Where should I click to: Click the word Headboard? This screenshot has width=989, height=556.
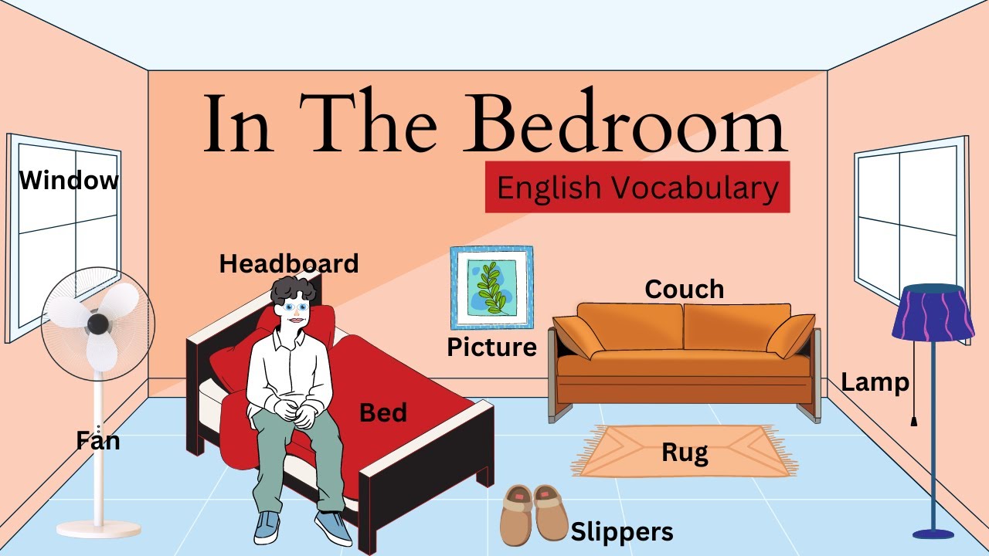coord(289,264)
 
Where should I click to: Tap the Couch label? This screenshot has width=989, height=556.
coord(685,290)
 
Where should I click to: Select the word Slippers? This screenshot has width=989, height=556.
coord(622,532)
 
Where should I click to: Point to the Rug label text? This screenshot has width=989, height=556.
coord(685,453)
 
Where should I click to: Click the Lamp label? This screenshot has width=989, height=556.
coord(875,382)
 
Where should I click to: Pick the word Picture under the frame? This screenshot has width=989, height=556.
coord(491,347)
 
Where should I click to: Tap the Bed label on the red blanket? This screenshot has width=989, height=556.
coord(383,413)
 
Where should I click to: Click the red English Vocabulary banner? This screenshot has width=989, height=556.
coord(637,188)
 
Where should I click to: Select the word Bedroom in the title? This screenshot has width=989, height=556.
coord(627,124)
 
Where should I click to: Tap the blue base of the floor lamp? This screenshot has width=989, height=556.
coord(933,533)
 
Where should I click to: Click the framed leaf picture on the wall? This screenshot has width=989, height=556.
coord(492,287)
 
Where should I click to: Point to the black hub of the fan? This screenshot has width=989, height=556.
coord(98,324)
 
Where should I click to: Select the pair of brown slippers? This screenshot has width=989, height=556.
coord(534,513)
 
